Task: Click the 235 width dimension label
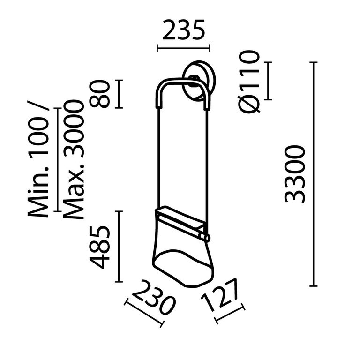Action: coord(183,31)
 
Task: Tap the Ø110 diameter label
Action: coord(249,82)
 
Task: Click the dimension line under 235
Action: coord(183,47)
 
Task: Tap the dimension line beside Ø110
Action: coord(268,81)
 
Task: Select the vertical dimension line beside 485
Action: coord(119,247)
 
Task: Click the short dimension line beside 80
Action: coord(119,94)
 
